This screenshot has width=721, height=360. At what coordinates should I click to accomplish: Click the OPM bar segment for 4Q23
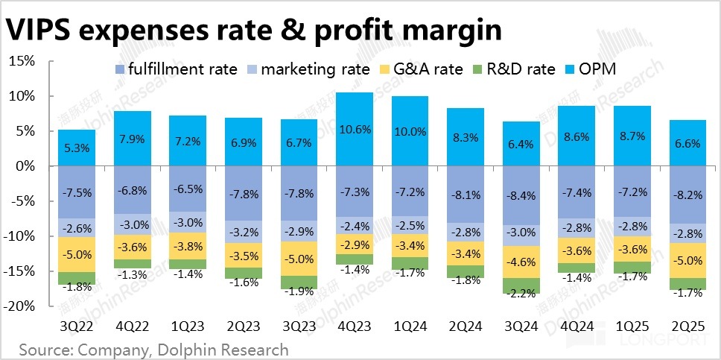click(353, 129)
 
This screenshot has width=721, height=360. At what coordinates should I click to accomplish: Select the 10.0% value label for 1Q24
click(410, 131)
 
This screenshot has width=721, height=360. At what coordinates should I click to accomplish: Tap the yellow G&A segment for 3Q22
click(77, 254)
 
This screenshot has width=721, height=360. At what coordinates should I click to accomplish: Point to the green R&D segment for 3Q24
click(521, 285)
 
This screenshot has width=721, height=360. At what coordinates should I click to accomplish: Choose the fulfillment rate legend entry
click(176, 69)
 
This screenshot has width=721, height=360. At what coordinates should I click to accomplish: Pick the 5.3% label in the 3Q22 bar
click(77, 148)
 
